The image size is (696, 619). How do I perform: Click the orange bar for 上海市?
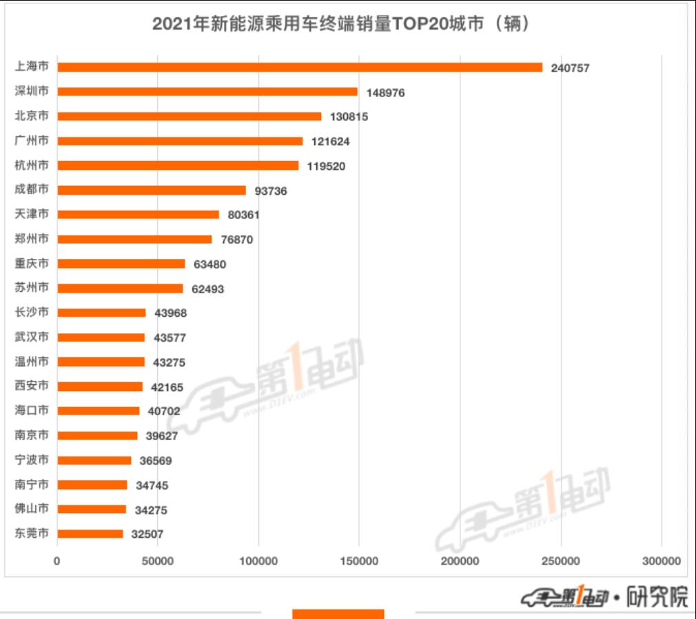tap(300, 67)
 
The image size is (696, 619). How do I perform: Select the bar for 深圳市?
tap(207, 92)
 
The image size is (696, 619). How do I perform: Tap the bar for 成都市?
tap(152, 190)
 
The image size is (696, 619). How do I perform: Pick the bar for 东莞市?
tap(90, 534)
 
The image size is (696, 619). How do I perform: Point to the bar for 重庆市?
tap(121, 264)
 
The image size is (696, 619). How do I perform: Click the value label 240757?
tap(570, 68)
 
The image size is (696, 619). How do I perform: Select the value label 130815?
tap(349, 117)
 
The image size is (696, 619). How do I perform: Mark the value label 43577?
tap(170, 338)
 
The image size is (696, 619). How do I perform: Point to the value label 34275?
tap(152, 510)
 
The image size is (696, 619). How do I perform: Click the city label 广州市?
tap(32, 140)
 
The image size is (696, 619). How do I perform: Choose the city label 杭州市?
tap(32, 165)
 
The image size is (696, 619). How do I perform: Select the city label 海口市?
tap(32, 410)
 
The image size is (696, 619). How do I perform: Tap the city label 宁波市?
tap(32, 460)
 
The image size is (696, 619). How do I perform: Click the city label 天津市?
tap(32, 214)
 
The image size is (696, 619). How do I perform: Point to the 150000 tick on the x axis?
tap(359, 561)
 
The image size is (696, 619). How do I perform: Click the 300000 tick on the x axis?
tap(661, 561)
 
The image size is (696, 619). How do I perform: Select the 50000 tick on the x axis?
tap(158, 561)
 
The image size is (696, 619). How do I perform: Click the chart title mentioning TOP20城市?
tap(340, 24)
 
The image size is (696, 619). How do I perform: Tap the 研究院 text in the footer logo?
tap(657, 597)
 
